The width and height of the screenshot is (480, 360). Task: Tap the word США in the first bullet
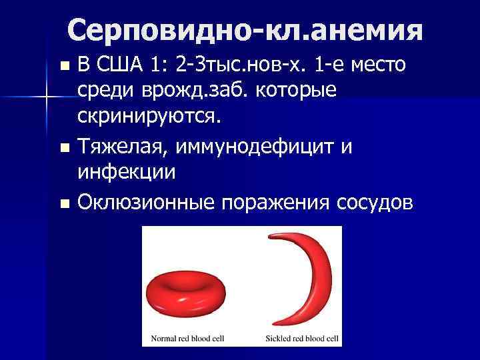point(123,66)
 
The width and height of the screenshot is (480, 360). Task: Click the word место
point(377,66)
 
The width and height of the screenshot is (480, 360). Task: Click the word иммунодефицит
point(266,146)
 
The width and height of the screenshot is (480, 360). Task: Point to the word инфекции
point(127,171)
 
